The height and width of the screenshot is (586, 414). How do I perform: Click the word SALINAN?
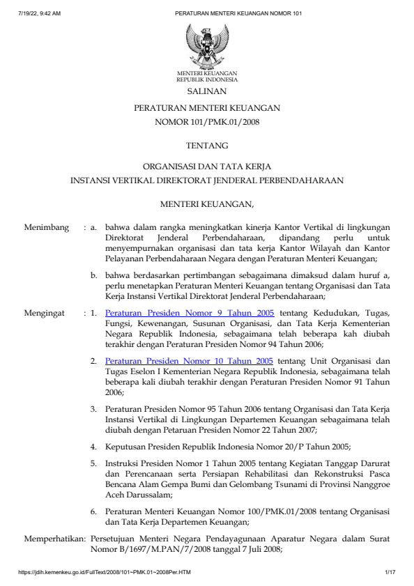coord(207,91)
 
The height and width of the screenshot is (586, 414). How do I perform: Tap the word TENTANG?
coord(207,146)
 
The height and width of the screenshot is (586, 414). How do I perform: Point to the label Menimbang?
coord(47,227)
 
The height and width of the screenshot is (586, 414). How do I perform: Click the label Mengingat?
coord(46,314)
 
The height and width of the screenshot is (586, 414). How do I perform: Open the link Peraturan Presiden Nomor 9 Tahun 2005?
coord(189,314)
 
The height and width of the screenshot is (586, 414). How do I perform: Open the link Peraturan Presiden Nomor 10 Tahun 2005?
coord(189,361)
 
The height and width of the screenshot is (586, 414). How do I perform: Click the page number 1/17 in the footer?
coord(390,572)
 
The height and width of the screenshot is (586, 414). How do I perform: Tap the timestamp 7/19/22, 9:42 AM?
coord(40,13)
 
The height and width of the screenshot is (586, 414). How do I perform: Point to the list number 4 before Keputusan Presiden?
coord(93,447)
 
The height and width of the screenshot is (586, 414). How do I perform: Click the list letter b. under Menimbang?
coord(94,275)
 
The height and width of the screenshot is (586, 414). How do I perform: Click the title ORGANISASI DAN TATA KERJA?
coord(207,167)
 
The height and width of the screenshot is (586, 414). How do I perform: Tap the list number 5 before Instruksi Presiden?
coord(93,463)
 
